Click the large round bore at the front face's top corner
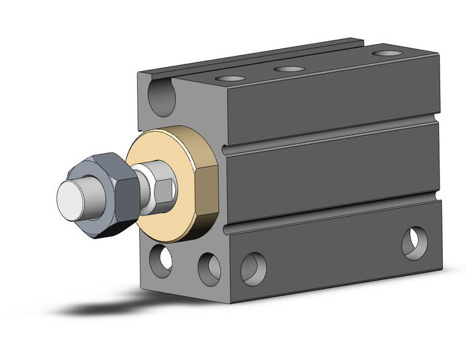click(162, 95)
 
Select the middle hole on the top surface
click(289, 68)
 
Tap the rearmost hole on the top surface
click(384, 53)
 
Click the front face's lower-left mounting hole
click(161, 258)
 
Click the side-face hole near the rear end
click(414, 243)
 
